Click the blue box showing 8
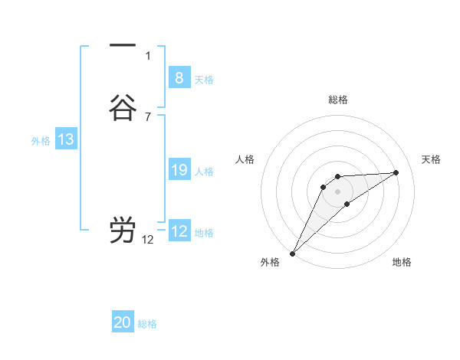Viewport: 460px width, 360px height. coord(179,77)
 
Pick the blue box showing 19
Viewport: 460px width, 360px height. coord(179,170)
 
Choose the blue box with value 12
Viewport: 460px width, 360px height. coord(179,231)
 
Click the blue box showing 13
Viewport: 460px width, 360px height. coord(66,139)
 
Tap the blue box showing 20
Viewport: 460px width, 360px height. coord(123,322)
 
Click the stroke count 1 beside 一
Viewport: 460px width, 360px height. coord(148,56)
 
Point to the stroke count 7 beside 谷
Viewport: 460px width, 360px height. coord(148,117)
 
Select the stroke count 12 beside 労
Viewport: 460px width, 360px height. coord(148,240)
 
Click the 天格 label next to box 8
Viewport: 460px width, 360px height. coord(204,80)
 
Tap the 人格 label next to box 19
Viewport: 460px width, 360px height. coord(204,172)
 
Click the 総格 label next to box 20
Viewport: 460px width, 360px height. coord(148,325)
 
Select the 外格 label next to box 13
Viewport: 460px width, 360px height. coord(41,142)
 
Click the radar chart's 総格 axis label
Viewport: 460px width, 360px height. coord(337,100)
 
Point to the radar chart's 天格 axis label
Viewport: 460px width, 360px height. coord(431,159)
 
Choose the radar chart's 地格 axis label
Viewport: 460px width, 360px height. coord(402,262)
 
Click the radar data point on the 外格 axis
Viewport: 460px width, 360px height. coord(292,253)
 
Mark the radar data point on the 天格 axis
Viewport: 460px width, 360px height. coord(396,172)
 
